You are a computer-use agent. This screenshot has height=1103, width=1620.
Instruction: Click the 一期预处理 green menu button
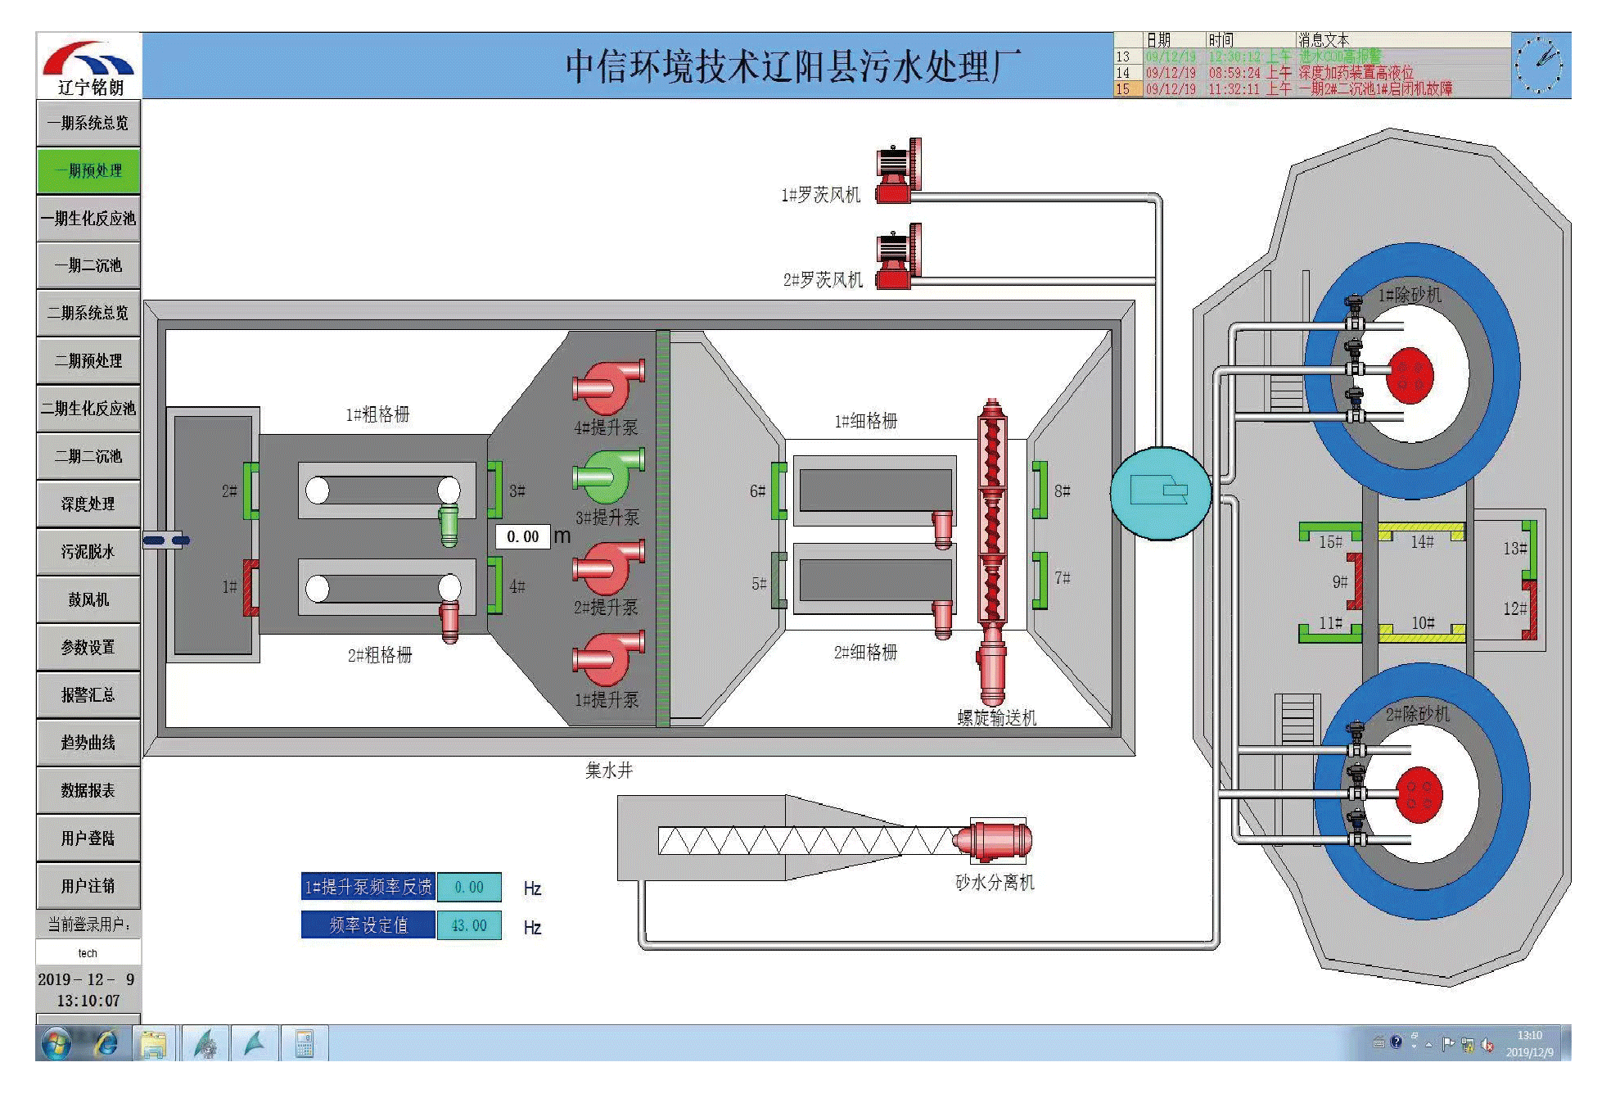(88, 170)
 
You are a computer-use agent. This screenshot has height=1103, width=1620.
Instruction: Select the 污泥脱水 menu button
(88, 551)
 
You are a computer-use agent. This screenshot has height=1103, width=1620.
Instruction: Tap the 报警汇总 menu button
(88, 694)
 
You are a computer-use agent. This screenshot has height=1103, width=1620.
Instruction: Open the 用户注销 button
(88, 885)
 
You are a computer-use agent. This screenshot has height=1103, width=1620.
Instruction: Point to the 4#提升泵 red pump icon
(607, 387)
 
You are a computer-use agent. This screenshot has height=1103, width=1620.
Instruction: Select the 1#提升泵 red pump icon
(607, 660)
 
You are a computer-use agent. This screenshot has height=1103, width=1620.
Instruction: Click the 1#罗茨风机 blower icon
(898, 170)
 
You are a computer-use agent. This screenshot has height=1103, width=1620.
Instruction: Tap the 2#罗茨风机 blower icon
(898, 256)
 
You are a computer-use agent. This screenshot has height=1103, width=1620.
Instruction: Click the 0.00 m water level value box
(522, 536)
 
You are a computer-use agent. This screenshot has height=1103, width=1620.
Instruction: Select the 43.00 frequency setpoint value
(469, 925)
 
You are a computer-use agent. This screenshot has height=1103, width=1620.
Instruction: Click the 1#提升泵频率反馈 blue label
(368, 887)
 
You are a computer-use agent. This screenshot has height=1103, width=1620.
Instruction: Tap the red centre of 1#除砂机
(1410, 375)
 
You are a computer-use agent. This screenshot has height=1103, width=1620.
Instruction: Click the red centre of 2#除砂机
(1419, 793)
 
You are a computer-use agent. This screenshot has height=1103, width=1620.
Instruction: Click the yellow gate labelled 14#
(1420, 532)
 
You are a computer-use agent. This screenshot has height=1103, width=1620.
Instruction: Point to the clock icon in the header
(1539, 65)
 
